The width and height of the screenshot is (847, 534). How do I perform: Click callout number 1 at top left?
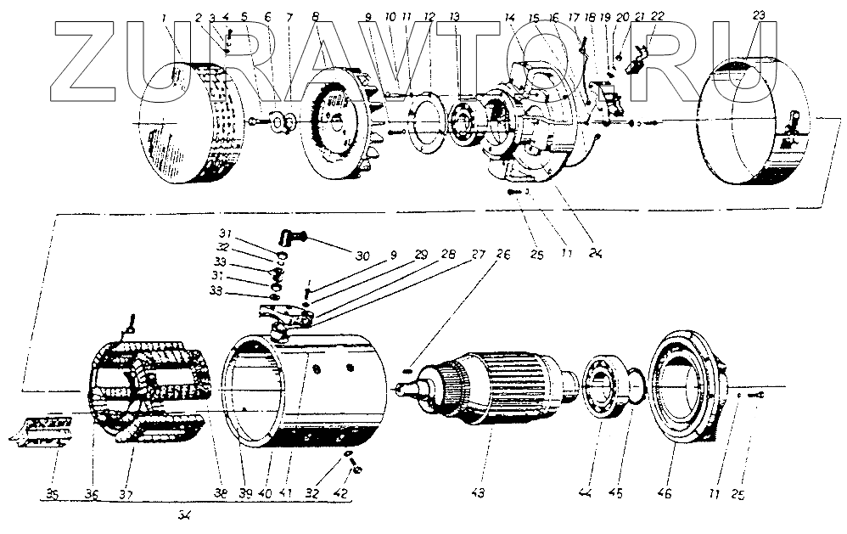(164, 16)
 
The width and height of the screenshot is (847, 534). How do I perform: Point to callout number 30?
(363, 255)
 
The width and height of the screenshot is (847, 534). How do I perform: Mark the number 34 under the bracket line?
(185, 514)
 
